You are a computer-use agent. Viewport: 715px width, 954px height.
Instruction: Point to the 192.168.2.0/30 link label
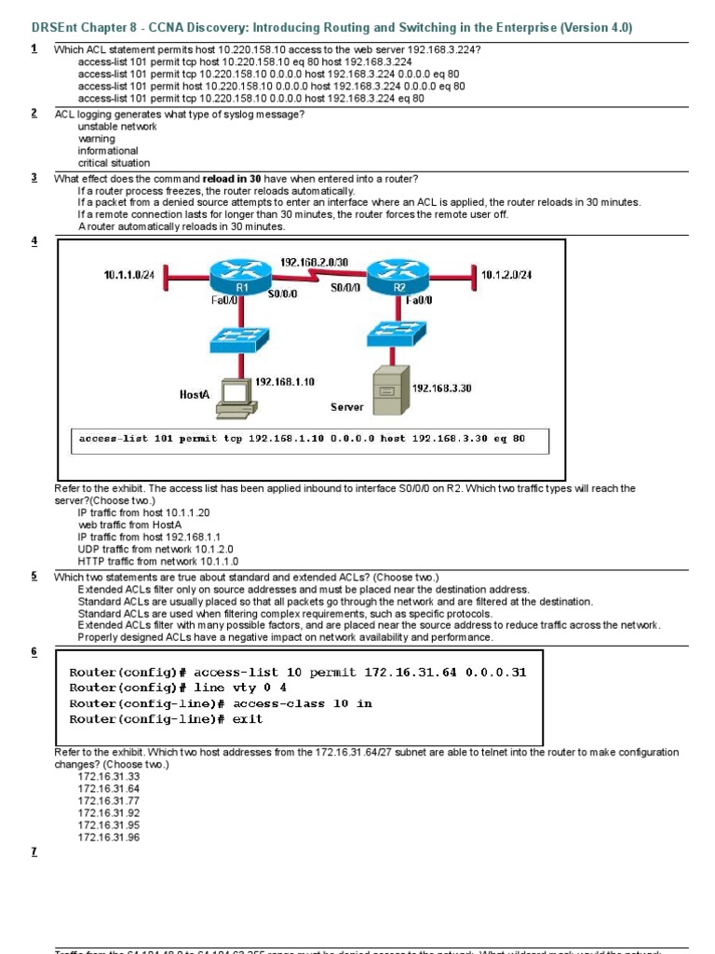point(314,263)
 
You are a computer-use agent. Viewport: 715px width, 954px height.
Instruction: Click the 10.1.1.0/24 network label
point(132,275)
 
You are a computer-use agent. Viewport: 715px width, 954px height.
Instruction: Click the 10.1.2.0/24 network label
point(507,275)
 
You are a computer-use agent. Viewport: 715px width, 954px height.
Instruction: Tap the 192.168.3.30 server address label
point(442,388)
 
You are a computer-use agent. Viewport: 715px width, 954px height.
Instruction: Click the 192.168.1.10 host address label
point(284,382)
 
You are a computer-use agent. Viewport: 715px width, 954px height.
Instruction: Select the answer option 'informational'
point(108,151)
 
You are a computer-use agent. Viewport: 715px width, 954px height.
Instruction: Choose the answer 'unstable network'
point(117,127)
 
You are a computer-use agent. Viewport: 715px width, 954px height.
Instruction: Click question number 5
point(34,577)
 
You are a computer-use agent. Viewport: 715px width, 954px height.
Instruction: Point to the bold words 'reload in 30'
point(232,179)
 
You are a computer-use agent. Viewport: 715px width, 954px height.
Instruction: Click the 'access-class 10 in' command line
point(221,703)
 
